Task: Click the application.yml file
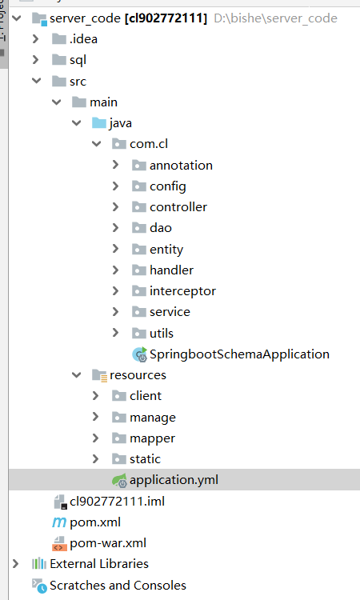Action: click(174, 480)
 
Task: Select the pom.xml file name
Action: click(95, 522)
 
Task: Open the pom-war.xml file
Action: click(108, 543)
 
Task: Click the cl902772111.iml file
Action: click(117, 502)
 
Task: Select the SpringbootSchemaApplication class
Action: click(239, 354)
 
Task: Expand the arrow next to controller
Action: click(115, 207)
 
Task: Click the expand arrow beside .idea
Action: click(35, 39)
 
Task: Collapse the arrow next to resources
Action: click(77, 375)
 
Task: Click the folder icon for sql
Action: click(59, 60)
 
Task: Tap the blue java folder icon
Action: click(99, 123)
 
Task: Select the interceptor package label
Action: click(182, 291)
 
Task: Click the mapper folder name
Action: click(152, 438)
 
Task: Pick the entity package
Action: click(166, 250)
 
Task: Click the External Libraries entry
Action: click(99, 564)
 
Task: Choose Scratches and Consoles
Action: click(118, 586)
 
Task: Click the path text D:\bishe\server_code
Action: click(275, 18)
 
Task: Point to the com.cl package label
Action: click(149, 144)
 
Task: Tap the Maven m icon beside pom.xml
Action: click(59, 522)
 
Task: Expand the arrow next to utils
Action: click(115, 333)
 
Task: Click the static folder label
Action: click(145, 459)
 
